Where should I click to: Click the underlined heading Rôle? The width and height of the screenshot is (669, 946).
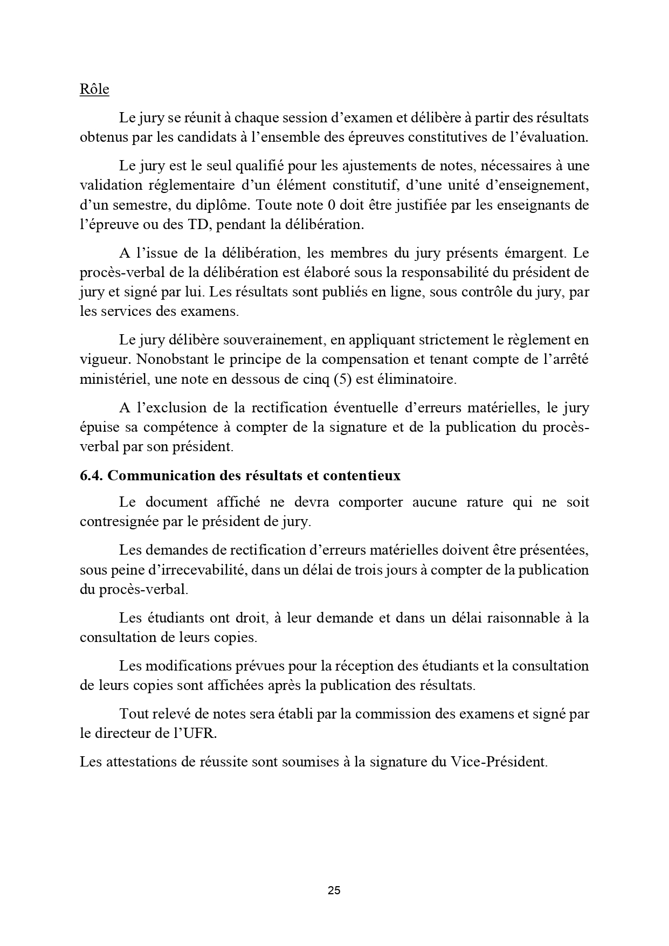94,89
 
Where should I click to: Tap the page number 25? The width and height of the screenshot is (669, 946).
334,890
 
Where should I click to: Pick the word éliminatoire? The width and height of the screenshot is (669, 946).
417,379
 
